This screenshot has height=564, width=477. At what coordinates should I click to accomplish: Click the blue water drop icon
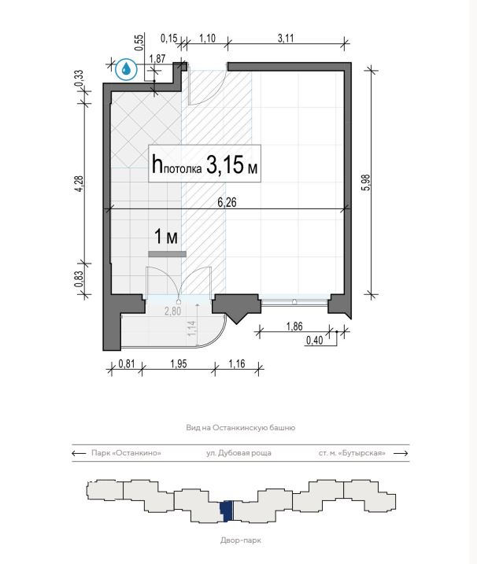126,68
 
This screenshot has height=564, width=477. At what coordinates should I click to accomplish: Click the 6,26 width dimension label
227,202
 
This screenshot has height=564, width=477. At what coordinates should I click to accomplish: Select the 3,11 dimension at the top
286,38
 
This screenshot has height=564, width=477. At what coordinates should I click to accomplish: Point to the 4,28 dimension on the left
79,183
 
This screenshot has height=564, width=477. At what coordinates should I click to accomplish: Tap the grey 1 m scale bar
168,254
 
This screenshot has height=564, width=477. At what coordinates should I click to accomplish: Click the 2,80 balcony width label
173,311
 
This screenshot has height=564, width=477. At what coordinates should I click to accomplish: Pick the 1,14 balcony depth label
192,328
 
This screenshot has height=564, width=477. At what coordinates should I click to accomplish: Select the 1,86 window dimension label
294,326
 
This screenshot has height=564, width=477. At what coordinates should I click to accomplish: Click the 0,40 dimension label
314,340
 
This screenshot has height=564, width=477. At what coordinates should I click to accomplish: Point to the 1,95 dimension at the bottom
179,363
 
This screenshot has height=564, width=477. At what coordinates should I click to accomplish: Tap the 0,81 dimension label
127,363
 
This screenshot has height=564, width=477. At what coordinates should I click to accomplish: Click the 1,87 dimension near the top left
157,59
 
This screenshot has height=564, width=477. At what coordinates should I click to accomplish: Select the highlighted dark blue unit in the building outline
227,511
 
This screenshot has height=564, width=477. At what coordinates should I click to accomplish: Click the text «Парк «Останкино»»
126,453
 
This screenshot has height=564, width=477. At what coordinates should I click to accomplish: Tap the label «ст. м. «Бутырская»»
352,453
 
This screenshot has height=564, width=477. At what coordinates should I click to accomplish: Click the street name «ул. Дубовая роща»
238,453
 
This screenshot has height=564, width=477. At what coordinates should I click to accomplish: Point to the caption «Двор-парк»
241,540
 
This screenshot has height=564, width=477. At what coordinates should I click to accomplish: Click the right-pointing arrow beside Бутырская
401,453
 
